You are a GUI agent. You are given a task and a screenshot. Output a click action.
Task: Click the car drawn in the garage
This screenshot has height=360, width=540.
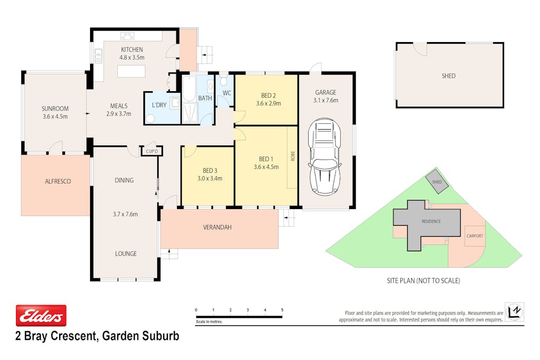pyautogui.click(x=325, y=156)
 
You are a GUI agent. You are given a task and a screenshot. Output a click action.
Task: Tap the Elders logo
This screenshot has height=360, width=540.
pyautogui.click(x=41, y=316)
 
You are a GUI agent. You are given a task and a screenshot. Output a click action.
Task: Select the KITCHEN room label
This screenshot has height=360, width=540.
pyautogui.click(x=131, y=50)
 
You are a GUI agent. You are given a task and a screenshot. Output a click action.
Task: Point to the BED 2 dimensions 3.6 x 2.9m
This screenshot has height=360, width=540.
pyautogui.click(x=268, y=103)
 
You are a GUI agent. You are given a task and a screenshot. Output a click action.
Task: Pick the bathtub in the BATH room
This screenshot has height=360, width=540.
pyautogui.click(x=189, y=89)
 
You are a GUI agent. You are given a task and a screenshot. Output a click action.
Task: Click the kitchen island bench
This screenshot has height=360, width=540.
pyautogui.click(x=131, y=70)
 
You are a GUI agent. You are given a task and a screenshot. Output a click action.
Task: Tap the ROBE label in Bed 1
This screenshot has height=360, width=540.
pyautogui.click(x=292, y=156)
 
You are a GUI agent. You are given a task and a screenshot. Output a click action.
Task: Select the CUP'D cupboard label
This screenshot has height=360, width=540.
pyautogui.click(x=152, y=151)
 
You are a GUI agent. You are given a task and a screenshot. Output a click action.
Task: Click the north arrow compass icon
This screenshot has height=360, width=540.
pyautogui.click(x=515, y=311)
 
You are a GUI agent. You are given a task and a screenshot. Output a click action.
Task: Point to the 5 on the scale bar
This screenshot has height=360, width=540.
pyautogui.click(x=282, y=310)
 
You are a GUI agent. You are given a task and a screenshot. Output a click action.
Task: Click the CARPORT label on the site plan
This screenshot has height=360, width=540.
pyautogui.click(x=474, y=235)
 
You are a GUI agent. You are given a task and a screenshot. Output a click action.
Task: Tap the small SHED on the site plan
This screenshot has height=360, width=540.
pyautogui.click(x=437, y=182)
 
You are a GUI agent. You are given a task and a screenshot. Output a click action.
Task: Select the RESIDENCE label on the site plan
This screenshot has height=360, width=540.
pyautogui.click(x=431, y=221)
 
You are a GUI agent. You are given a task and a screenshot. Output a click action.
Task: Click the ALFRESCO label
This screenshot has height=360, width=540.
pyautogui.click(x=58, y=181)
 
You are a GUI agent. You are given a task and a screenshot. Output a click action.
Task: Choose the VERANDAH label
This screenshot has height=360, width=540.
pyautogui.click(x=217, y=227)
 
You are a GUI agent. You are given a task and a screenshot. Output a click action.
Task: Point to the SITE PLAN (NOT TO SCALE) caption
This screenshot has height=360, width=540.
pyautogui.click(x=423, y=281)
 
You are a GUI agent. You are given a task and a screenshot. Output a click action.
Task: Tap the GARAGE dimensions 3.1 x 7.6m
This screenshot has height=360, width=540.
pyautogui.click(x=325, y=100)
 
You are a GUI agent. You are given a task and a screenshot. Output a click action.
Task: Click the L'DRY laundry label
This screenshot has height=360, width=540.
pyautogui.click(x=159, y=105)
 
